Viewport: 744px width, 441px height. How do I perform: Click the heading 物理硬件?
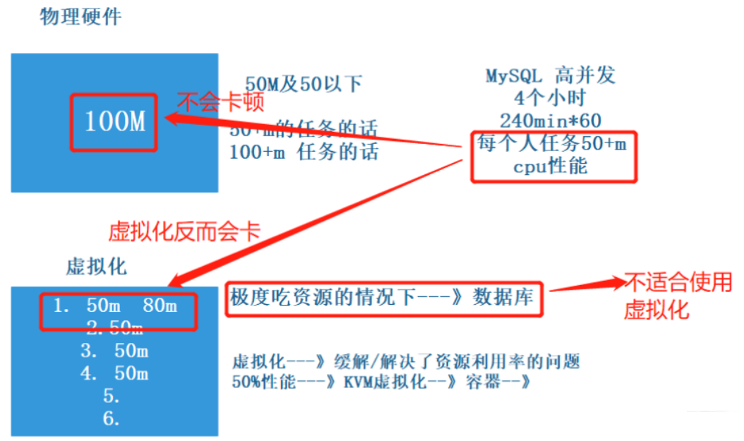click(80, 17)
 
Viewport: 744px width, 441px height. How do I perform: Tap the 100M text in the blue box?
click(114, 122)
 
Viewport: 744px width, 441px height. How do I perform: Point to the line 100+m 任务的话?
click(304, 152)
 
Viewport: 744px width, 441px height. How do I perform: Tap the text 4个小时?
click(551, 97)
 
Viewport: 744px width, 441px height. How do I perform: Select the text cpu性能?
click(551, 167)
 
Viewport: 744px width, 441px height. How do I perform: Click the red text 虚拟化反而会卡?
click(184, 231)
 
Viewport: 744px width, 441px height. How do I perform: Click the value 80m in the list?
click(160, 306)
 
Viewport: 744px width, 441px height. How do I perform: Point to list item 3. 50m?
click(114, 351)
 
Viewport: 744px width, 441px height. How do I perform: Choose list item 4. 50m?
click(114, 373)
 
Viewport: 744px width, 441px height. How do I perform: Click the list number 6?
click(112, 418)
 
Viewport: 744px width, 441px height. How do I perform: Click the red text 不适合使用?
click(678, 283)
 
